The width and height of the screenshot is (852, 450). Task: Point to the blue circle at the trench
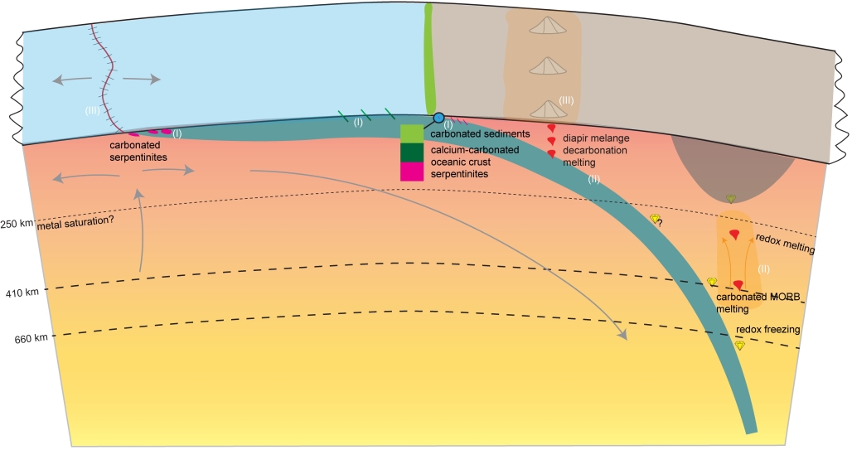(x=438, y=119)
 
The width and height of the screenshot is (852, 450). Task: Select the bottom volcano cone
(x=546, y=108)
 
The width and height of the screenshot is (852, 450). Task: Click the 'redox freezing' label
(x=767, y=330)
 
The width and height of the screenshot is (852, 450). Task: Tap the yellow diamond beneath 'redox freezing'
(x=740, y=345)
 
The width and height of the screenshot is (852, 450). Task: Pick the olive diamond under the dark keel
(x=730, y=198)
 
